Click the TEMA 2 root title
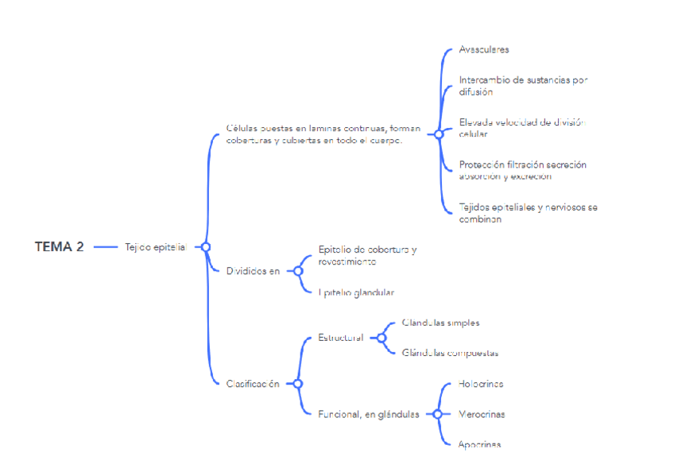click(59, 246)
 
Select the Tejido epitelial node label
click(155, 247)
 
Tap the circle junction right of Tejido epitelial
click(206, 247)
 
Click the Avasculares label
click(483, 49)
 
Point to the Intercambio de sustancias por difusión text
click(523, 86)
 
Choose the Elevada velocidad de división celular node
click(521, 128)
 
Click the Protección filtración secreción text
click(522, 170)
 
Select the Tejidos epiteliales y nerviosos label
click(528, 213)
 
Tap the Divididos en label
click(253, 271)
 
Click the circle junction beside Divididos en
click(299, 271)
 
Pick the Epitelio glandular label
click(356, 292)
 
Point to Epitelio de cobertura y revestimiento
click(367, 255)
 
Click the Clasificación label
click(253, 384)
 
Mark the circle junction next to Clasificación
click(298, 384)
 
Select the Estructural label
click(340, 338)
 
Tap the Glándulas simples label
click(440, 323)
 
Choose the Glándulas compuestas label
click(450, 353)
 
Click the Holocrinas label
click(481, 384)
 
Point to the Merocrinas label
click(482, 414)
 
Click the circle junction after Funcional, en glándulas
click(437, 414)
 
